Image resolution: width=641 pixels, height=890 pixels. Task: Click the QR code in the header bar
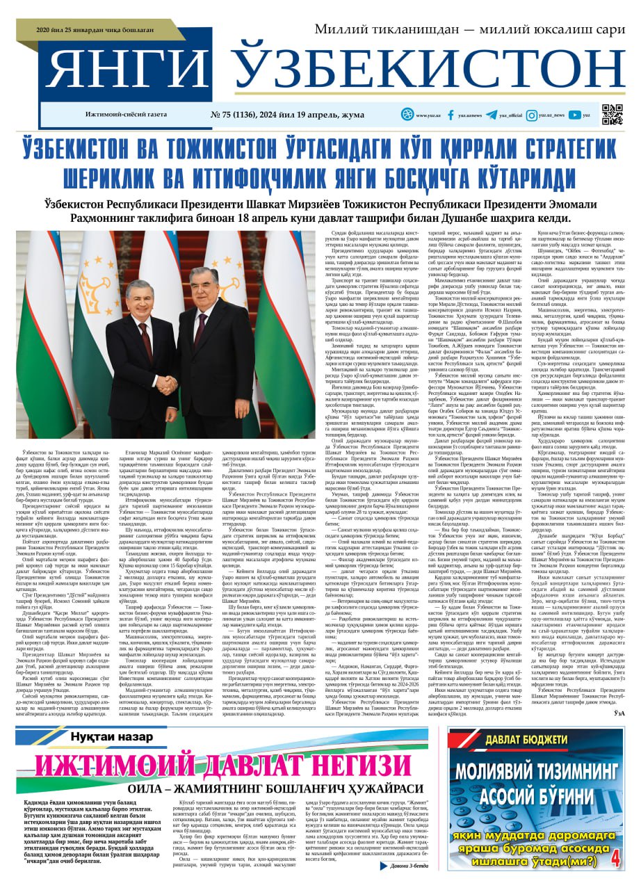(x=612, y=114)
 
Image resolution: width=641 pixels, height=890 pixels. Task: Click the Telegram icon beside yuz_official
(x=492, y=115)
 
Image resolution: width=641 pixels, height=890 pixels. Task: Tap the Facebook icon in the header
(x=451, y=115)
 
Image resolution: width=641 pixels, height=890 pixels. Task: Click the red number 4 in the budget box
(x=614, y=859)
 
